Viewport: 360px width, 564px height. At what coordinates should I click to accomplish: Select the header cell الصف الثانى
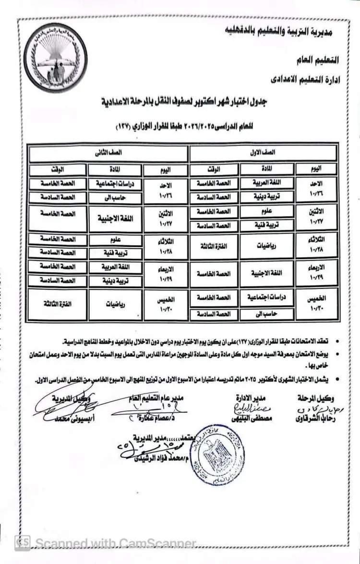108,152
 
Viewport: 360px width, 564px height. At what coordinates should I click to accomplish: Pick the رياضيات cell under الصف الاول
266,246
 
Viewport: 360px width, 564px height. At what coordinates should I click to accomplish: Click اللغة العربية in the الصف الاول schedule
266,183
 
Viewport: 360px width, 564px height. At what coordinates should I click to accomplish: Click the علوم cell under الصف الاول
266,211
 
